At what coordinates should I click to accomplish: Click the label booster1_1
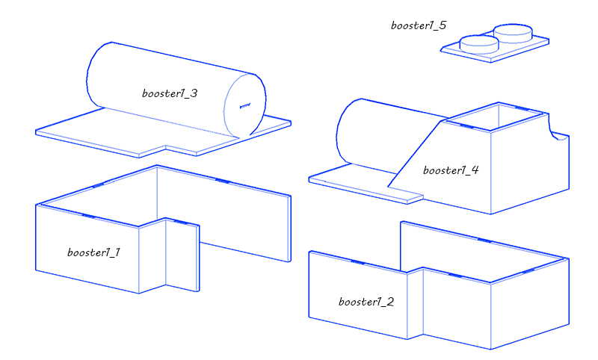(x=93, y=252)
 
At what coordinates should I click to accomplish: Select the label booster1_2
(x=366, y=302)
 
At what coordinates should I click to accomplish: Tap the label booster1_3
(x=170, y=93)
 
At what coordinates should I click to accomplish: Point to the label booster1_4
(x=451, y=170)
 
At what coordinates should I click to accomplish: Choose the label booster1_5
(x=419, y=25)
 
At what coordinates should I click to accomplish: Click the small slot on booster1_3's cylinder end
(x=245, y=106)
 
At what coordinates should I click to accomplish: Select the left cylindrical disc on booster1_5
(x=479, y=44)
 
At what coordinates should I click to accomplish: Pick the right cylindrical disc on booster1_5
(x=514, y=33)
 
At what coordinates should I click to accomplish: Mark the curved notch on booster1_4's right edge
(x=554, y=128)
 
